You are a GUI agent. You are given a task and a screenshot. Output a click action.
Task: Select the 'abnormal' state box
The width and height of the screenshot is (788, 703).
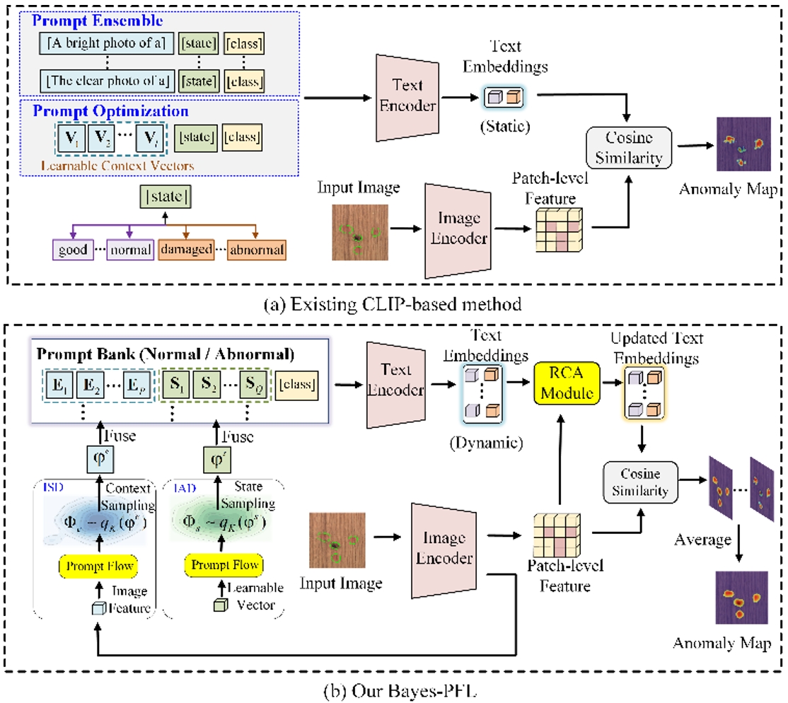257,250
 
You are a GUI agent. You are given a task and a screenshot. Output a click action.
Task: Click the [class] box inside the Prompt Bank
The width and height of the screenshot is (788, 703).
296,387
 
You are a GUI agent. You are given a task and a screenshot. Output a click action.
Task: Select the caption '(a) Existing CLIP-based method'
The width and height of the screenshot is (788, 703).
393,306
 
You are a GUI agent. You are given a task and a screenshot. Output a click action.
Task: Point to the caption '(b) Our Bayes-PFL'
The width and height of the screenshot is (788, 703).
393,690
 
